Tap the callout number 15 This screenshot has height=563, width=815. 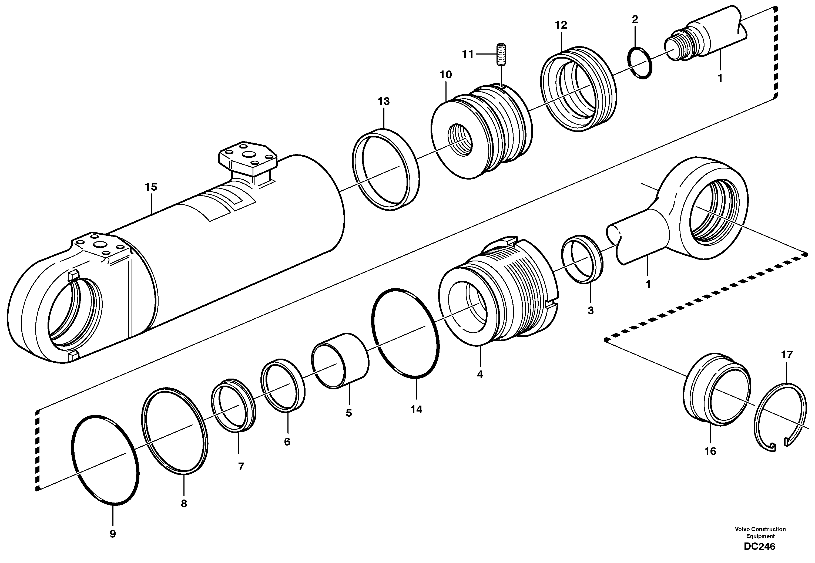pos(151,187)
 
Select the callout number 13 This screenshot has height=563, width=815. pos(384,102)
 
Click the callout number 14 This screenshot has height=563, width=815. pos(416,410)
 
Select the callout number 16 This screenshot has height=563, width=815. pos(710,451)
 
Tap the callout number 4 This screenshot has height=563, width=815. pos(480,374)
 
